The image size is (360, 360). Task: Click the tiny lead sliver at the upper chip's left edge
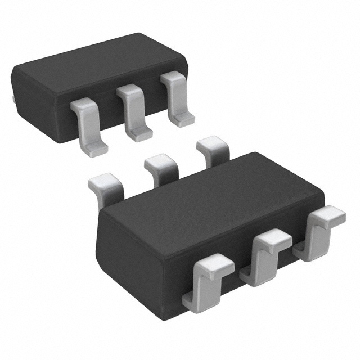pos(12,99)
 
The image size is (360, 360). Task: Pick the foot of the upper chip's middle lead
pos(138,134)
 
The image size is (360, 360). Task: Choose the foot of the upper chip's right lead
pos(183,119)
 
